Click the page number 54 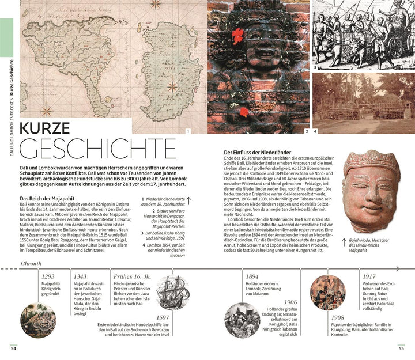(13, 347)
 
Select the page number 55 (401, 347)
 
